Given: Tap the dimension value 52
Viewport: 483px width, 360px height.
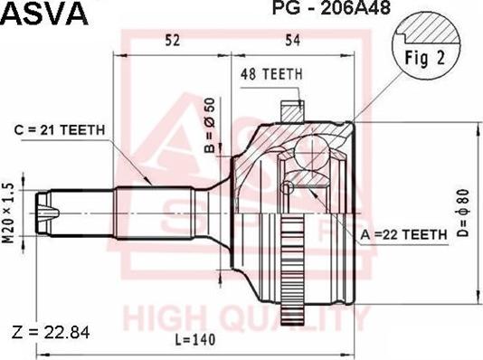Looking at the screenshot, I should click(x=172, y=38).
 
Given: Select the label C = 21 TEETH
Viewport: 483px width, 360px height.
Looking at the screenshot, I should click(x=60, y=130).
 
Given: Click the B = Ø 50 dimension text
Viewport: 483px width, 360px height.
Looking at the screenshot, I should click(x=210, y=124).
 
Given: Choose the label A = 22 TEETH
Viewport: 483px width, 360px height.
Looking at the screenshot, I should click(x=404, y=234).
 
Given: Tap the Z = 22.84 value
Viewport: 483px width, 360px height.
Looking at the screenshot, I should click(x=52, y=333).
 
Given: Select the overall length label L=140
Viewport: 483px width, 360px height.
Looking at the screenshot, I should click(x=198, y=341).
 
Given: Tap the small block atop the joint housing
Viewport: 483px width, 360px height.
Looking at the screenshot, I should click(x=290, y=109).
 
